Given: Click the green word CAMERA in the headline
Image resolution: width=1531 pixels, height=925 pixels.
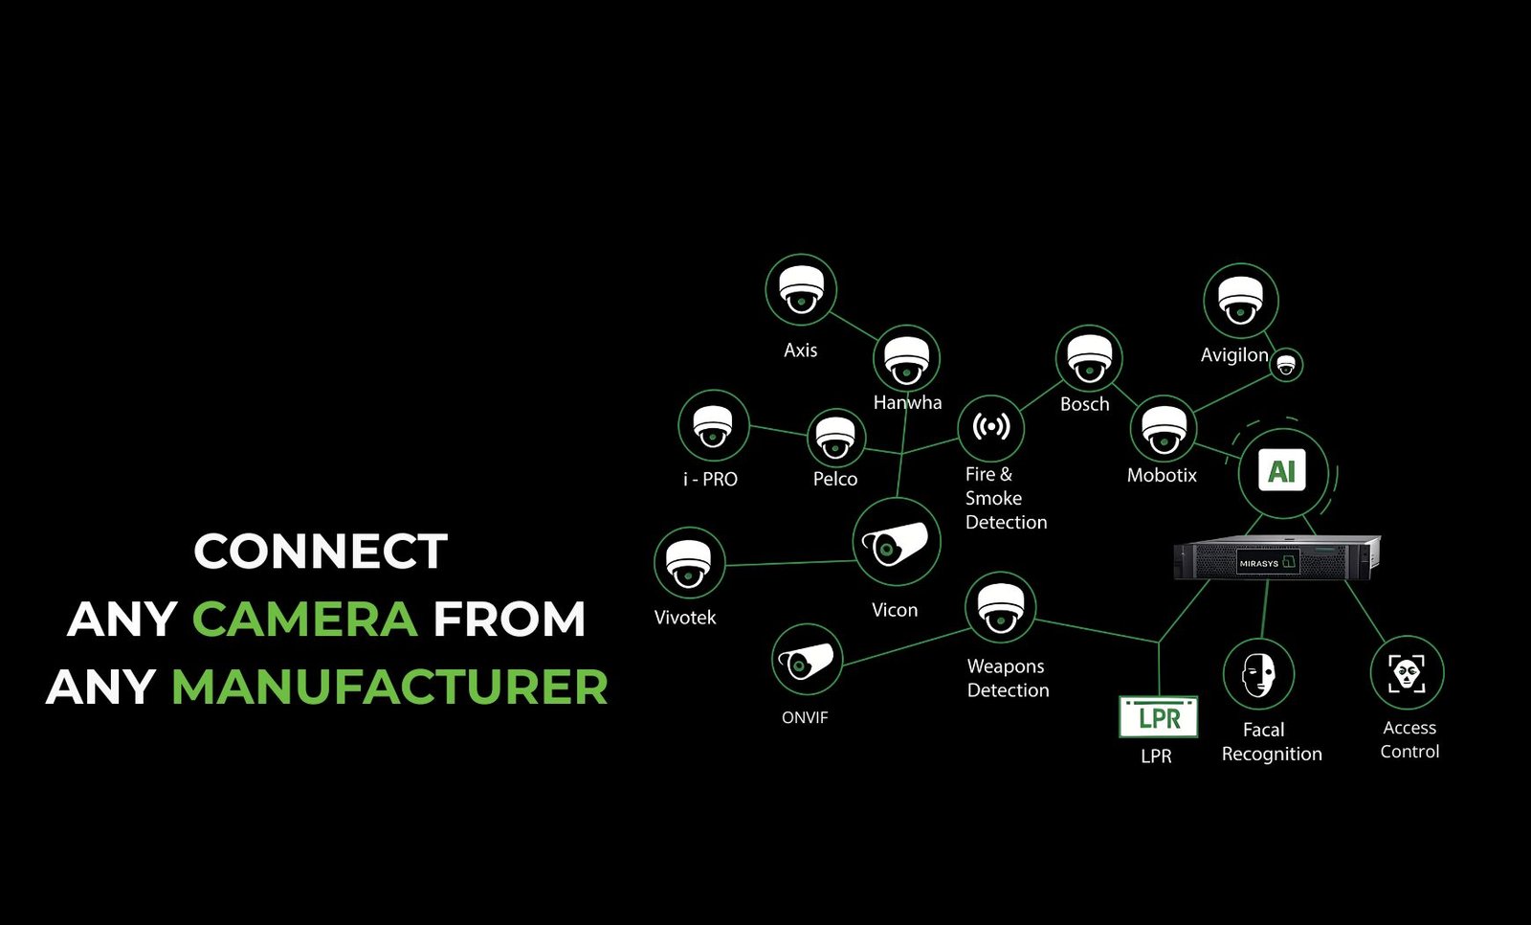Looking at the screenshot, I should tap(304, 619).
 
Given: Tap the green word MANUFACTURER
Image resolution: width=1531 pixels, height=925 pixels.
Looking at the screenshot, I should tap(389, 687).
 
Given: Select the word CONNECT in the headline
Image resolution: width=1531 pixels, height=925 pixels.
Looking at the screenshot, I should tap(321, 552).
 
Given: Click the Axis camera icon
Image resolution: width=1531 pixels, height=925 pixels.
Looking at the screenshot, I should tap(801, 289).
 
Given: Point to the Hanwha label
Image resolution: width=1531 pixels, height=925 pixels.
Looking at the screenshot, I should tap(907, 403).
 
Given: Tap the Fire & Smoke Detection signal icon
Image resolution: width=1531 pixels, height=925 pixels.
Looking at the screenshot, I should tap(990, 427).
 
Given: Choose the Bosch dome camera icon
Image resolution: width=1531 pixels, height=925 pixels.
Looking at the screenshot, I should tap(1088, 359).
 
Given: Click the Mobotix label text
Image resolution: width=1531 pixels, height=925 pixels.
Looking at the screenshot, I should tap(1162, 475).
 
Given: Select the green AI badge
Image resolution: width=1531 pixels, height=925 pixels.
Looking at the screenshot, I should tap(1282, 471).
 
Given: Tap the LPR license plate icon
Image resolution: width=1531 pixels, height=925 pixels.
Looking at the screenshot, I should tap(1159, 717).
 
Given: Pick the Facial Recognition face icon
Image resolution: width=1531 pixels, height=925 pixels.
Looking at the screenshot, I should tap(1258, 674).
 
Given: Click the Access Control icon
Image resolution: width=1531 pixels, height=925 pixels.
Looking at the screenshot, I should tap(1407, 672).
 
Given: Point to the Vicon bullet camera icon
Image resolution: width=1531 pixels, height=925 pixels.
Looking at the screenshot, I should tap(896, 543).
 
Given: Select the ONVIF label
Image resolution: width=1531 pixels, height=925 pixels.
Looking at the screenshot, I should tap(805, 717).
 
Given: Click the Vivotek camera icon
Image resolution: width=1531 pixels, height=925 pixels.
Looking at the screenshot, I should tap(689, 563).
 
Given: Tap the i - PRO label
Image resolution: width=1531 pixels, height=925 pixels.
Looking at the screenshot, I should tap(710, 479).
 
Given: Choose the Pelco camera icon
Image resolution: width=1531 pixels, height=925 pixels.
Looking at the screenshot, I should tap(835, 438).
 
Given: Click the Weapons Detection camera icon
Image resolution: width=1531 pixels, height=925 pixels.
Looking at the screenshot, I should tap(1001, 607).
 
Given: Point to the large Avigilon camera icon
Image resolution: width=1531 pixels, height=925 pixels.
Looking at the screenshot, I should tap(1240, 301).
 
